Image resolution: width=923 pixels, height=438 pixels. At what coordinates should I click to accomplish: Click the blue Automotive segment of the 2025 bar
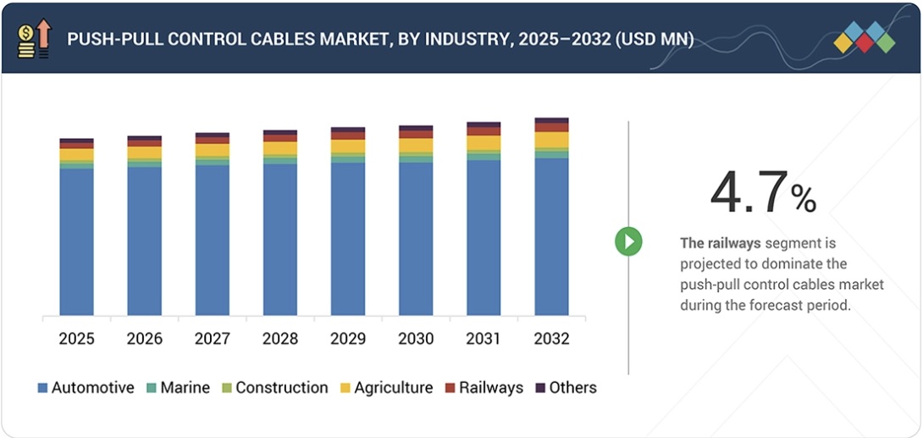(76, 241)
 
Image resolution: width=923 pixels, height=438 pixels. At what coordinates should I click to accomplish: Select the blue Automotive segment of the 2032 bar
(551, 236)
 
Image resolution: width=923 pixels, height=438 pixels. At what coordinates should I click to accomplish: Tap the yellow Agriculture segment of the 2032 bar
(551, 140)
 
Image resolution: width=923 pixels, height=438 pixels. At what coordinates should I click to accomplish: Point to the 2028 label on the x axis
(280, 339)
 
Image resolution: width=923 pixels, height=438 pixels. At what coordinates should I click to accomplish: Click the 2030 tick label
(416, 339)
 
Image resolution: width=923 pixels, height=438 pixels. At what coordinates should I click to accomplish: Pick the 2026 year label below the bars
(145, 339)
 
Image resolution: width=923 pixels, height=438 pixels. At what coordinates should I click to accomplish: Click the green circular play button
(628, 241)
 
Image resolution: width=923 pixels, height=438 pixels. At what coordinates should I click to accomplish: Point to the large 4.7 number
(749, 193)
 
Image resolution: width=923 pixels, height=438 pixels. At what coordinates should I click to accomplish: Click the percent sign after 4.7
(804, 200)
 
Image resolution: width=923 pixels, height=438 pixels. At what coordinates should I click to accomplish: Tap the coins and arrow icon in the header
(33, 38)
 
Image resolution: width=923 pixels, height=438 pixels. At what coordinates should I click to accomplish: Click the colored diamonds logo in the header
(864, 38)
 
